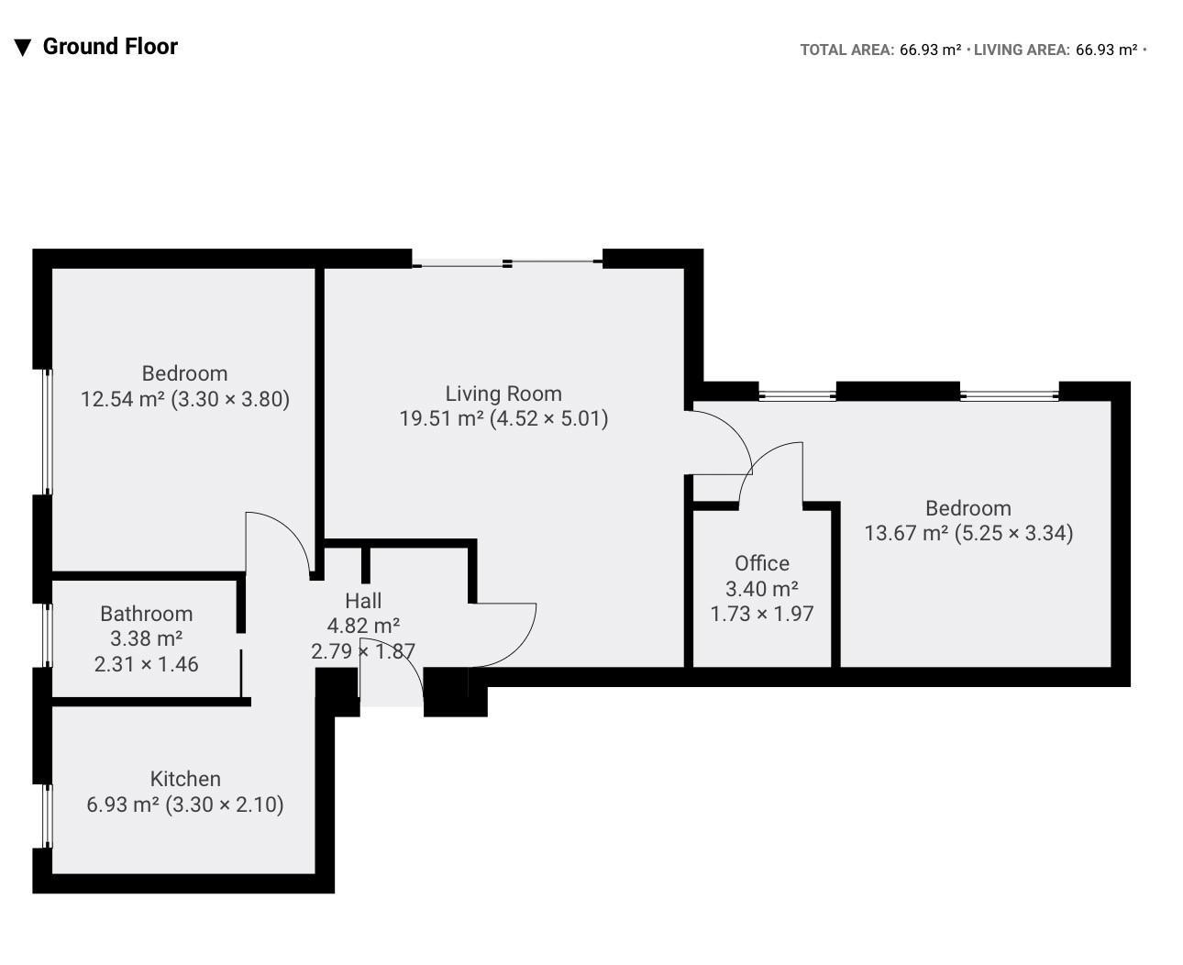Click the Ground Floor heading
[110, 47]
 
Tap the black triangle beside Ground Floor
[22, 48]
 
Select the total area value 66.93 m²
[930, 50]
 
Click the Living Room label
[503, 394]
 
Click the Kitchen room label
[185, 779]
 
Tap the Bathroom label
[147, 614]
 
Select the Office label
[762, 562]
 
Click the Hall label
[363, 600]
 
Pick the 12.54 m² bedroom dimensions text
[230, 399]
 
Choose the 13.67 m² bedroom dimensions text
[1013, 533]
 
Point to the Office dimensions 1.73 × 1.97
[762, 614]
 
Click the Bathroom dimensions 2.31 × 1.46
[147, 664]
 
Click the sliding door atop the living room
[507, 263]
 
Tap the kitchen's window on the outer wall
[49, 815]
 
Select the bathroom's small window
[49, 636]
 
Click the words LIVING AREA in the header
[1021, 50]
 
